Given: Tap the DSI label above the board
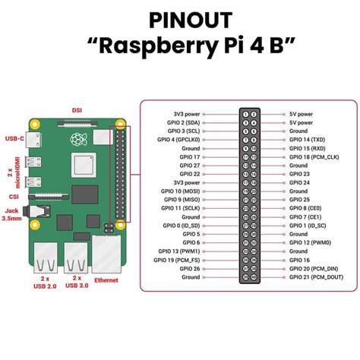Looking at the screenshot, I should [76, 109].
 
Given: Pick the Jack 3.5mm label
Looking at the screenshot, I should [11, 215].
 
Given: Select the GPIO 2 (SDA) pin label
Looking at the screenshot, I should [182, 122].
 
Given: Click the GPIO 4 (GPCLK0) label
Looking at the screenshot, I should [178, 139].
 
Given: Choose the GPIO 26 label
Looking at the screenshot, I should [191, 268].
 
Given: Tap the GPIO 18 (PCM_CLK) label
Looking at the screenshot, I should [313, 156].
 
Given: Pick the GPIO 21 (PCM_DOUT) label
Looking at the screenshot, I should [315, 276].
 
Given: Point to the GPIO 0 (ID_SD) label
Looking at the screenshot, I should [181, 225].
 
